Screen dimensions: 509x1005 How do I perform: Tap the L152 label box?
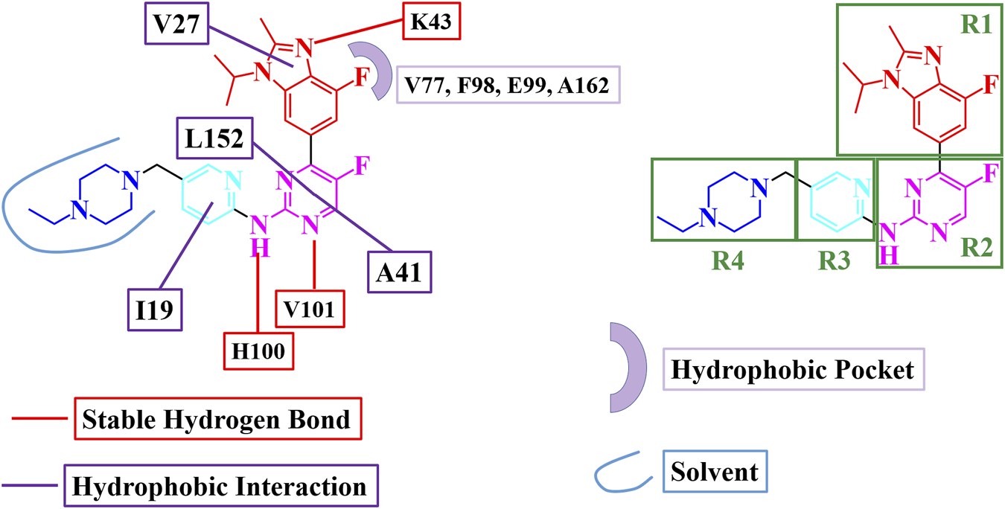pos(214,139)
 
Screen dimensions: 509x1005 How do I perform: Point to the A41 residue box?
pos(399,273)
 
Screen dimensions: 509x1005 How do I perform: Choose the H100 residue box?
pos(260,350)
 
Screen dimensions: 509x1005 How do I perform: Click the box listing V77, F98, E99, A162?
pos(508,84)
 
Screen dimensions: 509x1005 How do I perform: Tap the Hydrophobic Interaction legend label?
pos(221,487)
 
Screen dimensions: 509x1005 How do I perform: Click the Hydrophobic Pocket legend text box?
pos(793,369)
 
